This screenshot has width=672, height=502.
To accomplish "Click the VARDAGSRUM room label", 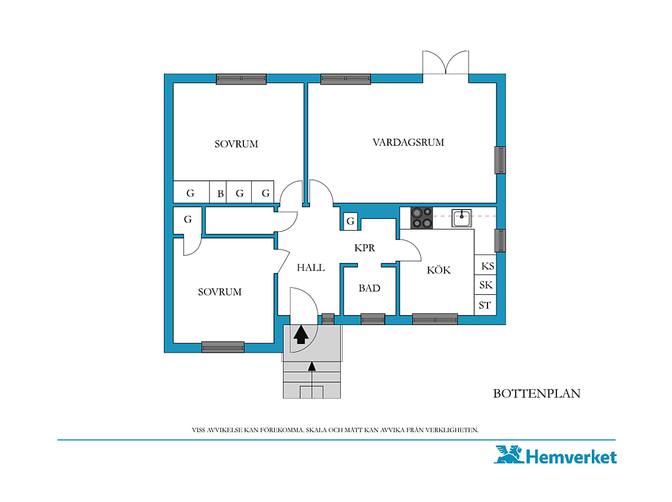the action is pyautogui.click(x=408, y=142).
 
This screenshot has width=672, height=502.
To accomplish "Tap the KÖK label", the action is pyautogui.click(x=439, y=270).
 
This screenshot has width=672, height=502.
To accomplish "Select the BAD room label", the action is pyautogui.click(x=370, y=288).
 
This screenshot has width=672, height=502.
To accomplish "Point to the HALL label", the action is pyautogui.click(x=311, y=268).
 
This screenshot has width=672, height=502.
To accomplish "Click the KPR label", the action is pyautogui.click(x=364, y=248).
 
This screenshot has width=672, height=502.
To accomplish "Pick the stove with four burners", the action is pyautogui.click(x=421, y=218).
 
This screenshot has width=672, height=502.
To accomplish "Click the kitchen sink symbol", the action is pyautogui.click(x=462, y=218).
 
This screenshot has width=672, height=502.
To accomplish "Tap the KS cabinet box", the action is pyautogui.click(x=485, y=265).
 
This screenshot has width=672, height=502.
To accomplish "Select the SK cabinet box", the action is pyautogui.click(x=485, y=285).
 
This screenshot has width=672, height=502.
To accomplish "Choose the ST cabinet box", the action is pyautogui.click(x=485, y=305).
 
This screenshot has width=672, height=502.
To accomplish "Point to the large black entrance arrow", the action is pyautogui.click(x=301, y=334).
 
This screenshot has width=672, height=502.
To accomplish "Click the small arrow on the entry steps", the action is pyautogui.click(x=312, y=366).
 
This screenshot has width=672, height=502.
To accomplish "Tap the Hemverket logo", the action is pyautogui.click(x=555, y=455).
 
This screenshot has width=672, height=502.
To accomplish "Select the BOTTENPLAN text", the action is pyautogui.click(x=536, y=393).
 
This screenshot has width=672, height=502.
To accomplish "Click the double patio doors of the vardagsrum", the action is pyautogui.click(x=446, y=63).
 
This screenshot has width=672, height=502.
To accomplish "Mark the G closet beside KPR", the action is pyautogui.click(x=351, y=221).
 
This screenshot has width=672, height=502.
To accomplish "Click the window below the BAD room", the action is pyautogui.click(x=373, y=319).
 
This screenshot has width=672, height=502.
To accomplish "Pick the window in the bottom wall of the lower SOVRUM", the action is pyautogui.click(x=223, y=347).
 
